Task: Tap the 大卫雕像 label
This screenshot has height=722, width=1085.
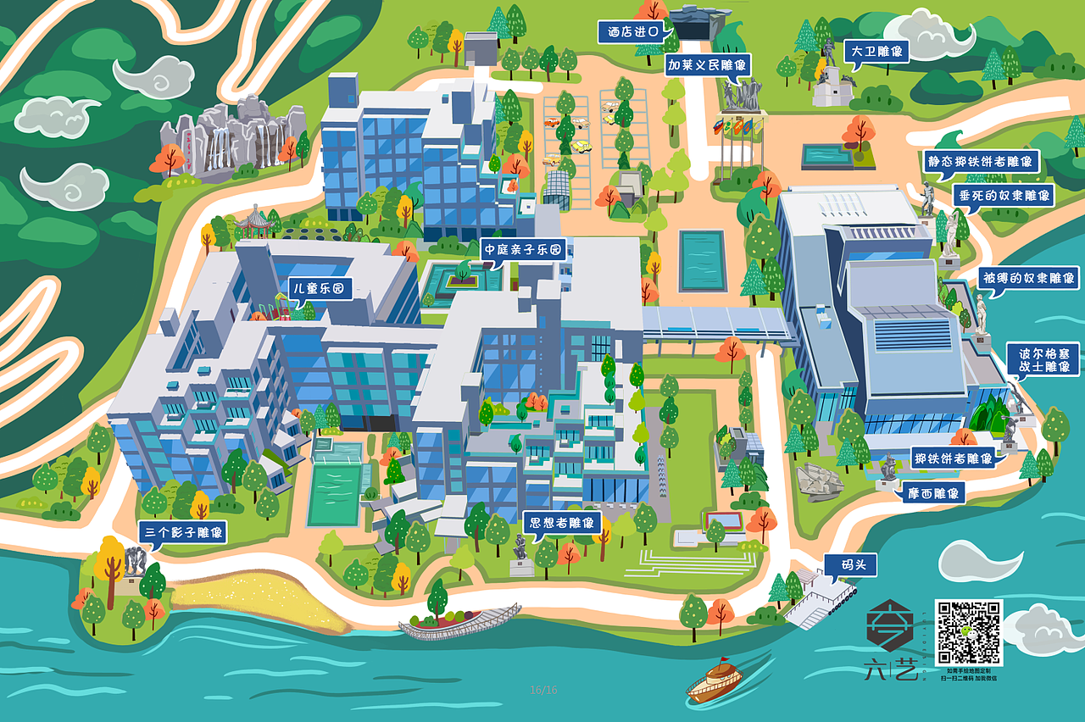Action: tap(876, 51)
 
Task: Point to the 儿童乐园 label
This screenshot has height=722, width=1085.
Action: tap(319, 288)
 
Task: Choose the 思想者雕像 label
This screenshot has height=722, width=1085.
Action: tap(561, 522)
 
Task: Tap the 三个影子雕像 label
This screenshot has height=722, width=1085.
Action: tap(182, 533)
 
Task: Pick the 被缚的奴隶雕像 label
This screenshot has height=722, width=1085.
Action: tap(1027, 278)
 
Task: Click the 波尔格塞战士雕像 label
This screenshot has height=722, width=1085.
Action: tap(1043, 360)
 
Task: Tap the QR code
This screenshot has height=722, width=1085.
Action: tap(968, 633)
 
